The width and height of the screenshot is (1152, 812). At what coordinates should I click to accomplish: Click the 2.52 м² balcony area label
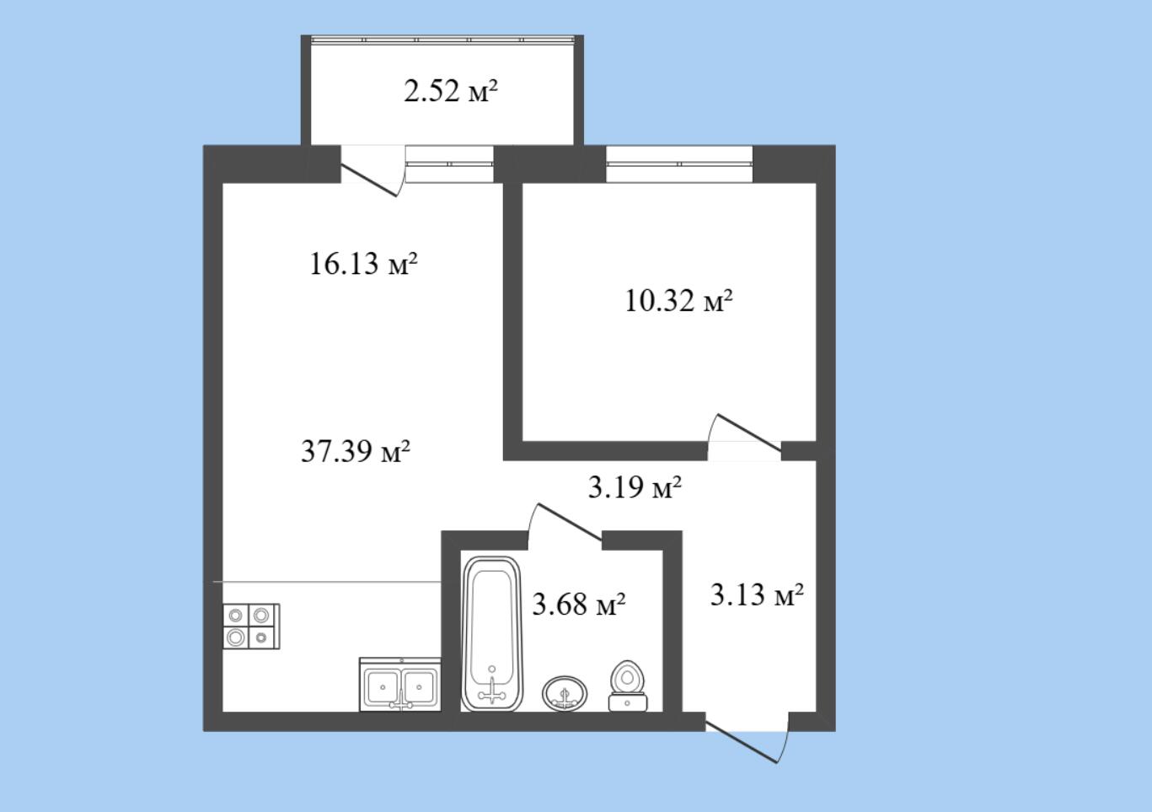[451, 92]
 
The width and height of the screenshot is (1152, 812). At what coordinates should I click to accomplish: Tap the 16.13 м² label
[363, 263]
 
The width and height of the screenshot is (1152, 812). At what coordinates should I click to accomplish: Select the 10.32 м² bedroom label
[678, 300]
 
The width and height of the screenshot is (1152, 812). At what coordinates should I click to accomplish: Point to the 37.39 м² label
[356, 451]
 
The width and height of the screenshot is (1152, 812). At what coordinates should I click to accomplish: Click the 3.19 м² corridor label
[635, 487]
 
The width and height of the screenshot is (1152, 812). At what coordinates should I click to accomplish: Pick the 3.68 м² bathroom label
[579, 604]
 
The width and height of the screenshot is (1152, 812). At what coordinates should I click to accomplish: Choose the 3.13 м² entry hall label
[757, 594]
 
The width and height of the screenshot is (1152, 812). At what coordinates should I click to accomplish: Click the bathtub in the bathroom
[491, 634]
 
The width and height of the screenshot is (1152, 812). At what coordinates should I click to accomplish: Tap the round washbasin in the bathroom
[565, 694]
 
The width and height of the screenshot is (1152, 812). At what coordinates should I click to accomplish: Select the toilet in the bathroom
[628, 686]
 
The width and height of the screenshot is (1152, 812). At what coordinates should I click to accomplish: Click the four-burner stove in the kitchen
[251, 626]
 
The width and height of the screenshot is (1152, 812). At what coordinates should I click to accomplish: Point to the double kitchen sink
[400, 685]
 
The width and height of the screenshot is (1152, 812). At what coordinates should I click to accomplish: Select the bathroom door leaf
[570, 522]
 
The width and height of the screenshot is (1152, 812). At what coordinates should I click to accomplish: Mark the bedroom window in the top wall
[679, 164]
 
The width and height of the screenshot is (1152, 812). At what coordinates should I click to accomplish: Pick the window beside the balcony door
[449, 164]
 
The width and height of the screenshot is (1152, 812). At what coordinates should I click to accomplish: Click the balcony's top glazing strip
[442, 39]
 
